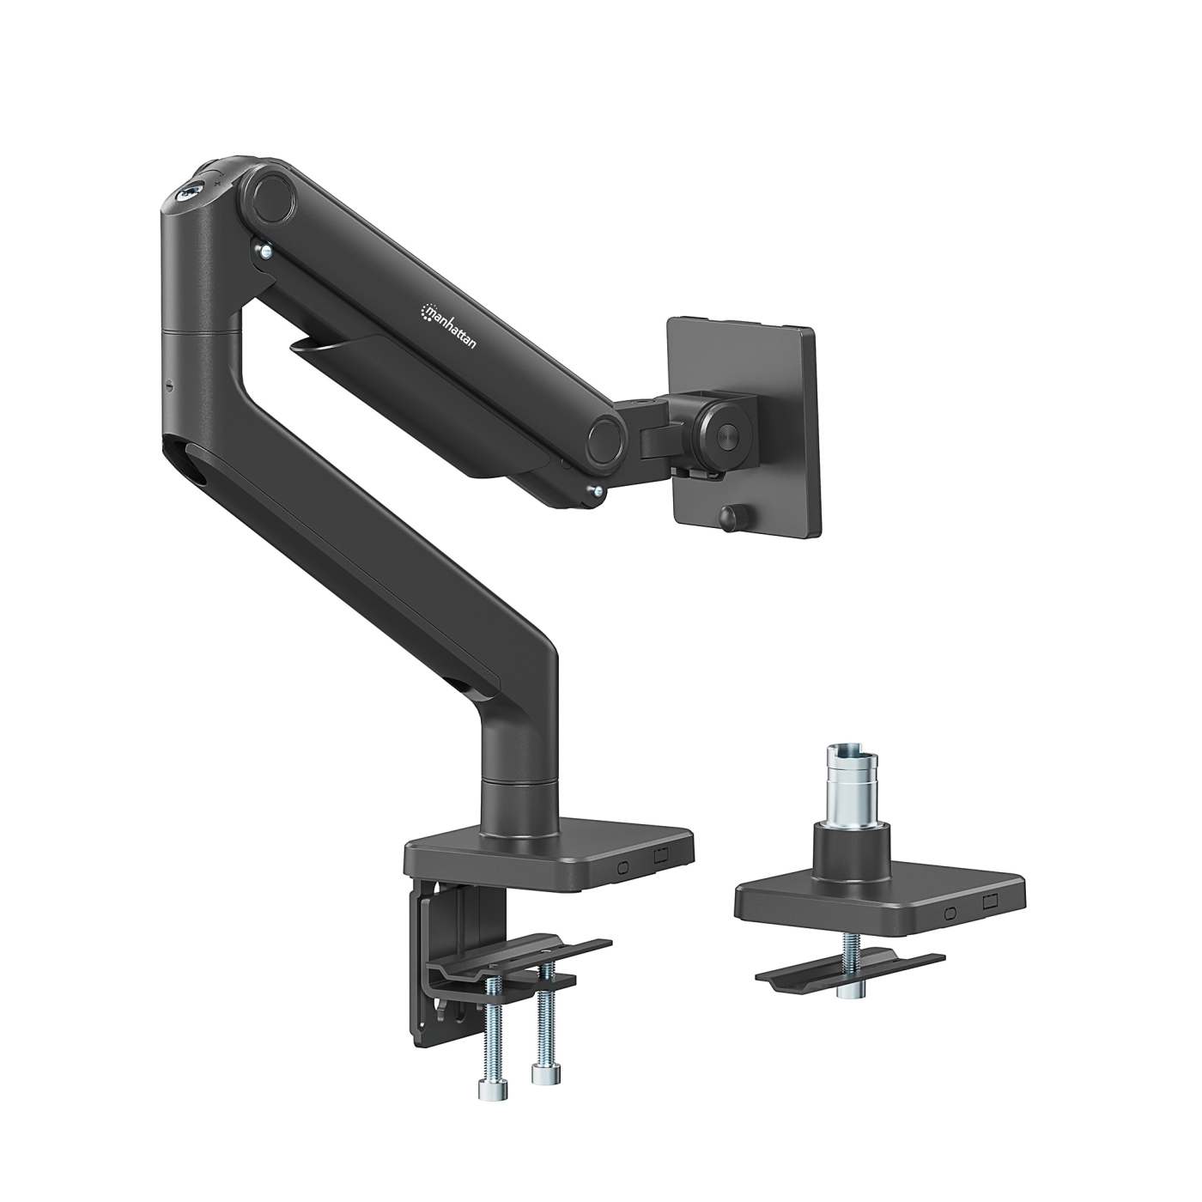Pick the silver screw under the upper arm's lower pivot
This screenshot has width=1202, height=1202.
(x=594, y=490)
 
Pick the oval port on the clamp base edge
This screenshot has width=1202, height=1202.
(x=623, y=865)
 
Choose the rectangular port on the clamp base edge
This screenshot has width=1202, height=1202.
(x=659, y=856)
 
